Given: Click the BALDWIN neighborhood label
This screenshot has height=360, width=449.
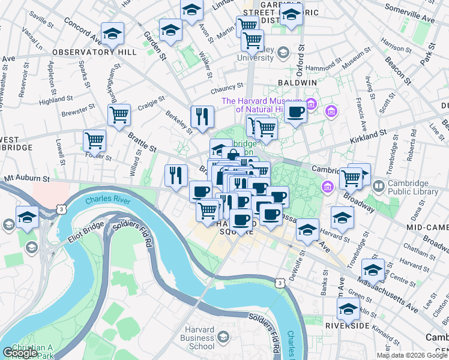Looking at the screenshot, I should (297, 82).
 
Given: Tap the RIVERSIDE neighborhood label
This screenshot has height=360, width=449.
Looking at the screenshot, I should (347, 326).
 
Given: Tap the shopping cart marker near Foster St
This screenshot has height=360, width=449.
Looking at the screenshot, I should (94, 140).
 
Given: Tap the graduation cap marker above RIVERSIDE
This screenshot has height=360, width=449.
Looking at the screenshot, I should (348, 308).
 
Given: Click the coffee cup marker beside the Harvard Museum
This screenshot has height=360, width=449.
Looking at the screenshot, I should (295, 112).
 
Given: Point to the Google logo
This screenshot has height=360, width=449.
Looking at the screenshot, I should (20, 353).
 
